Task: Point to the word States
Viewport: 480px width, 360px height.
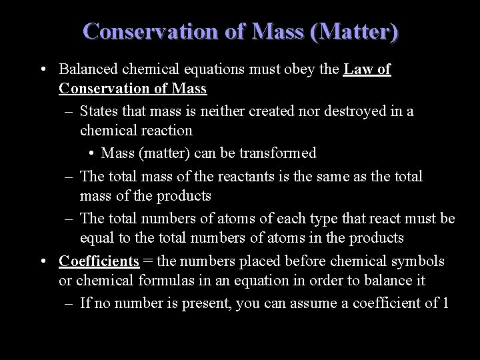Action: (99, 111)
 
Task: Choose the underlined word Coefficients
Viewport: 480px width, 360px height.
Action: (99, 260)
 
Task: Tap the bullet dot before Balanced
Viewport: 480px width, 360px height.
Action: (43, 69)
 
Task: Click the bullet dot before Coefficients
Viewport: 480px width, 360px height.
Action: (43, 260)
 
